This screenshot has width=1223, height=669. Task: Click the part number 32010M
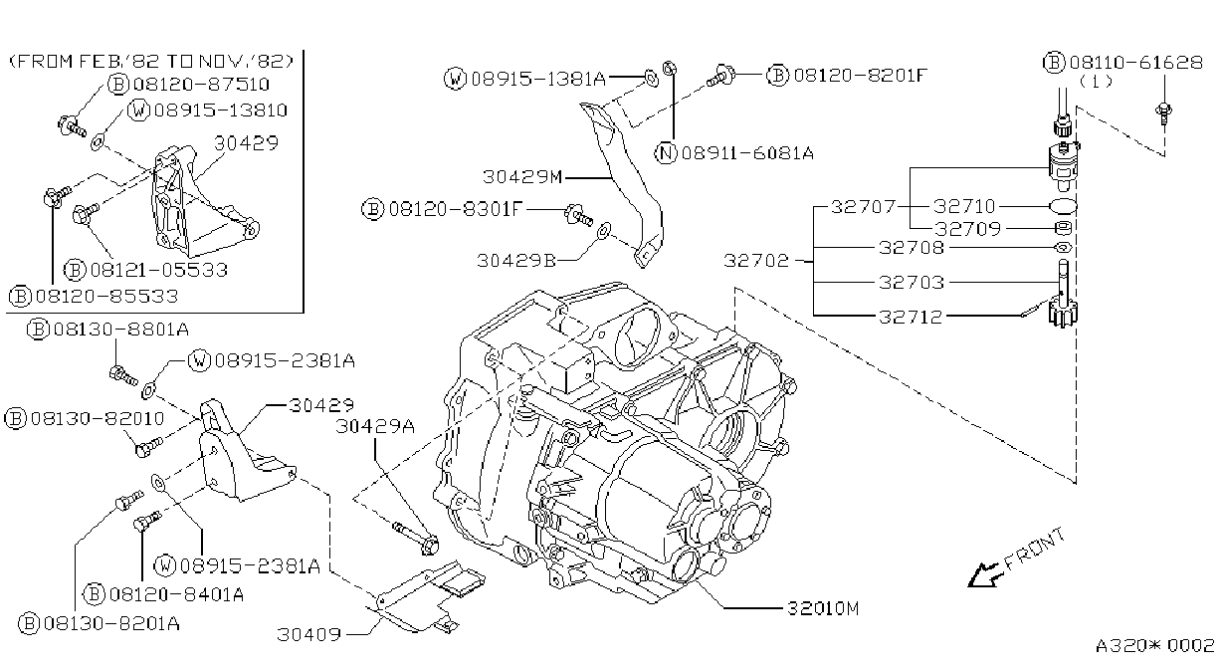[823, 608]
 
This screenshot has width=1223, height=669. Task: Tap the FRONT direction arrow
[984, 575]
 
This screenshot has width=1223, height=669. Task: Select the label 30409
[309, 634]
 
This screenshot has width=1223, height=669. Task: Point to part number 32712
[911, 317]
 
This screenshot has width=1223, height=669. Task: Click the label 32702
[756, 261]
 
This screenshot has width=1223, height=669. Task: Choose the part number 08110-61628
[1135, 63]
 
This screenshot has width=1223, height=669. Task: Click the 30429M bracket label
[522, 177]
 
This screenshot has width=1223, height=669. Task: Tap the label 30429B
[515, 261]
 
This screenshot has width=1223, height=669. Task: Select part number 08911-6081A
[747, 153]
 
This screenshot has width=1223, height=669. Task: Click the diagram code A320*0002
[1155, 646]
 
